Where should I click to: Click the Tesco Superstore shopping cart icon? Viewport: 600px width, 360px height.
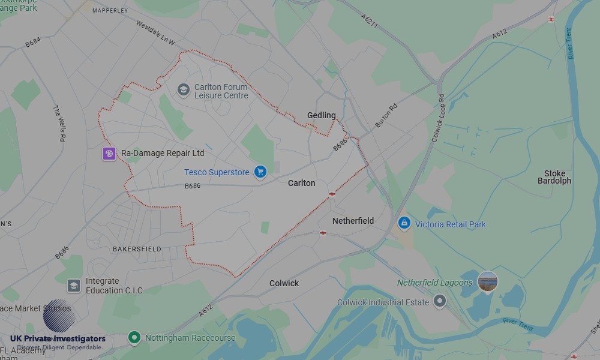(x=260, y=172)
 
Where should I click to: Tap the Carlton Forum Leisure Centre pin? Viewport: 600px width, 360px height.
(x=183, y=90)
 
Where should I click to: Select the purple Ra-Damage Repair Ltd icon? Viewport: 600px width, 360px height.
(x=109, y=154)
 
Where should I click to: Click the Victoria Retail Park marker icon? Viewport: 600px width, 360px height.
(x=404, y=224)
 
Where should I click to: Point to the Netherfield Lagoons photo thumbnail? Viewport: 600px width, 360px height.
(x=487, y=281)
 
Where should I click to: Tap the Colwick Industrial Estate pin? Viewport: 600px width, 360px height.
(x=440, y=302)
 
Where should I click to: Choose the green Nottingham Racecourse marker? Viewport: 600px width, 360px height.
(x=134, y=338)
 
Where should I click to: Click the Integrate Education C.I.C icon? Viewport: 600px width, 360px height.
(x=74, y=286)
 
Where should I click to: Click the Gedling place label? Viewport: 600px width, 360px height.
(x=322, y=115)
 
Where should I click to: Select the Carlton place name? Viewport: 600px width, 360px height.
(x=301, y=183)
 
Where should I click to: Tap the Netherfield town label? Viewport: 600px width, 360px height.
(x=353, y=221)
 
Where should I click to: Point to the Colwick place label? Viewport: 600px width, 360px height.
(x=284, y=283)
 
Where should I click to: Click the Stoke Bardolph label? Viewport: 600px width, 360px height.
(x=554, y=177)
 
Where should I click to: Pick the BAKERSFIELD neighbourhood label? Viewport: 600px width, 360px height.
(x=137, y=248)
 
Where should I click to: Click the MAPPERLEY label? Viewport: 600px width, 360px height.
(x=110, y=10)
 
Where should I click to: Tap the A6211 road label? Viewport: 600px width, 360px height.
(x=370, y=22)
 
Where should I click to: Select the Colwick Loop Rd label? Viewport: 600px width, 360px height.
(x=437, y=118)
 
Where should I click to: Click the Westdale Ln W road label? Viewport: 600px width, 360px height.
(x=155, y=34)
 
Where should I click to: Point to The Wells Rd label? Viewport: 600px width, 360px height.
(x=59, y=123)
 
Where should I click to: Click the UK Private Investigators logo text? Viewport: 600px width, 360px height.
(x=58, y=339)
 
